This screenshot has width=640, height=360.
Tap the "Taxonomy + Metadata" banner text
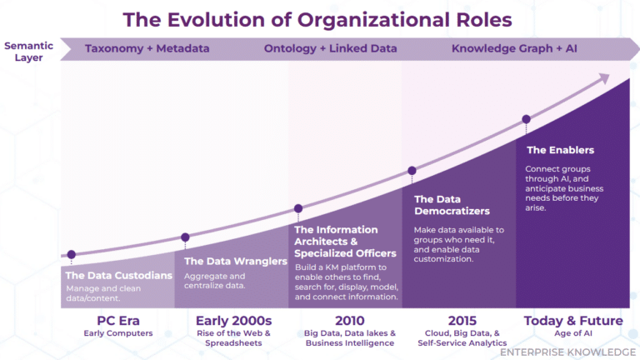pos(147,48)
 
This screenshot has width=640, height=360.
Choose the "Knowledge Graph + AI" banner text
pos(515,48)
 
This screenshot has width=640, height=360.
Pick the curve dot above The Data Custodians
pos(72,254)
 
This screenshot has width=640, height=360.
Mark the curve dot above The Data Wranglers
pos(185,237)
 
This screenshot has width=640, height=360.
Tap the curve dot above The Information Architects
pos(298,208)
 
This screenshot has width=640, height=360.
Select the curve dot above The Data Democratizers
pos(412,171)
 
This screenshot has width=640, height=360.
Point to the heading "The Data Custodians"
pos(118,275)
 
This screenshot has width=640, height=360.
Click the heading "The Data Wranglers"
pos(231,261)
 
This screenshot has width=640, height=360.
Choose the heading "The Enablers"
pos(560,151)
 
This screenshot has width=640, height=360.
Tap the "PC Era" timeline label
pos(117,321)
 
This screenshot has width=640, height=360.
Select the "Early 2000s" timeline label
pos(233,321)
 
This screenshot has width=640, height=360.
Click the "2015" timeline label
pos(463,321)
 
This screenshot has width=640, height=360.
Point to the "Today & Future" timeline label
pos(573,321)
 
